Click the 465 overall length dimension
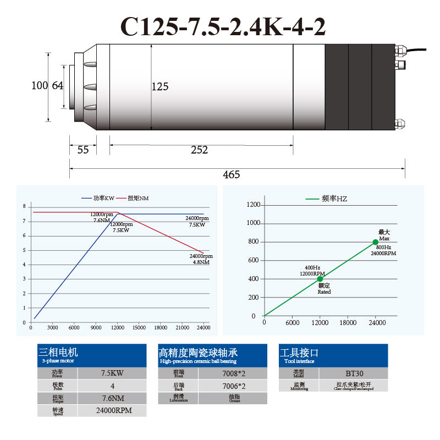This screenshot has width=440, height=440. tap(231, 174)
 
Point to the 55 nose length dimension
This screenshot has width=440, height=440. tap(83, 150)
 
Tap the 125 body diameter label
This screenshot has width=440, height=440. tap(160, 86)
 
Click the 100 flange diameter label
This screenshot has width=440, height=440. tap(40, 85)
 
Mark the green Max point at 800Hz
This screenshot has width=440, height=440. tap(376, 242)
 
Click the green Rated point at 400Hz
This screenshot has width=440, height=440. tap(320, 279)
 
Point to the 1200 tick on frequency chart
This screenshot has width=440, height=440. tap(254, 205)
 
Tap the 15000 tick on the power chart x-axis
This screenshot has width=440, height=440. tap(139, 328)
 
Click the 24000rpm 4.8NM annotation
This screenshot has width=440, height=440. tap(201, 259)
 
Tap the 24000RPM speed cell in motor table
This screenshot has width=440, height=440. tap(112, 410)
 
